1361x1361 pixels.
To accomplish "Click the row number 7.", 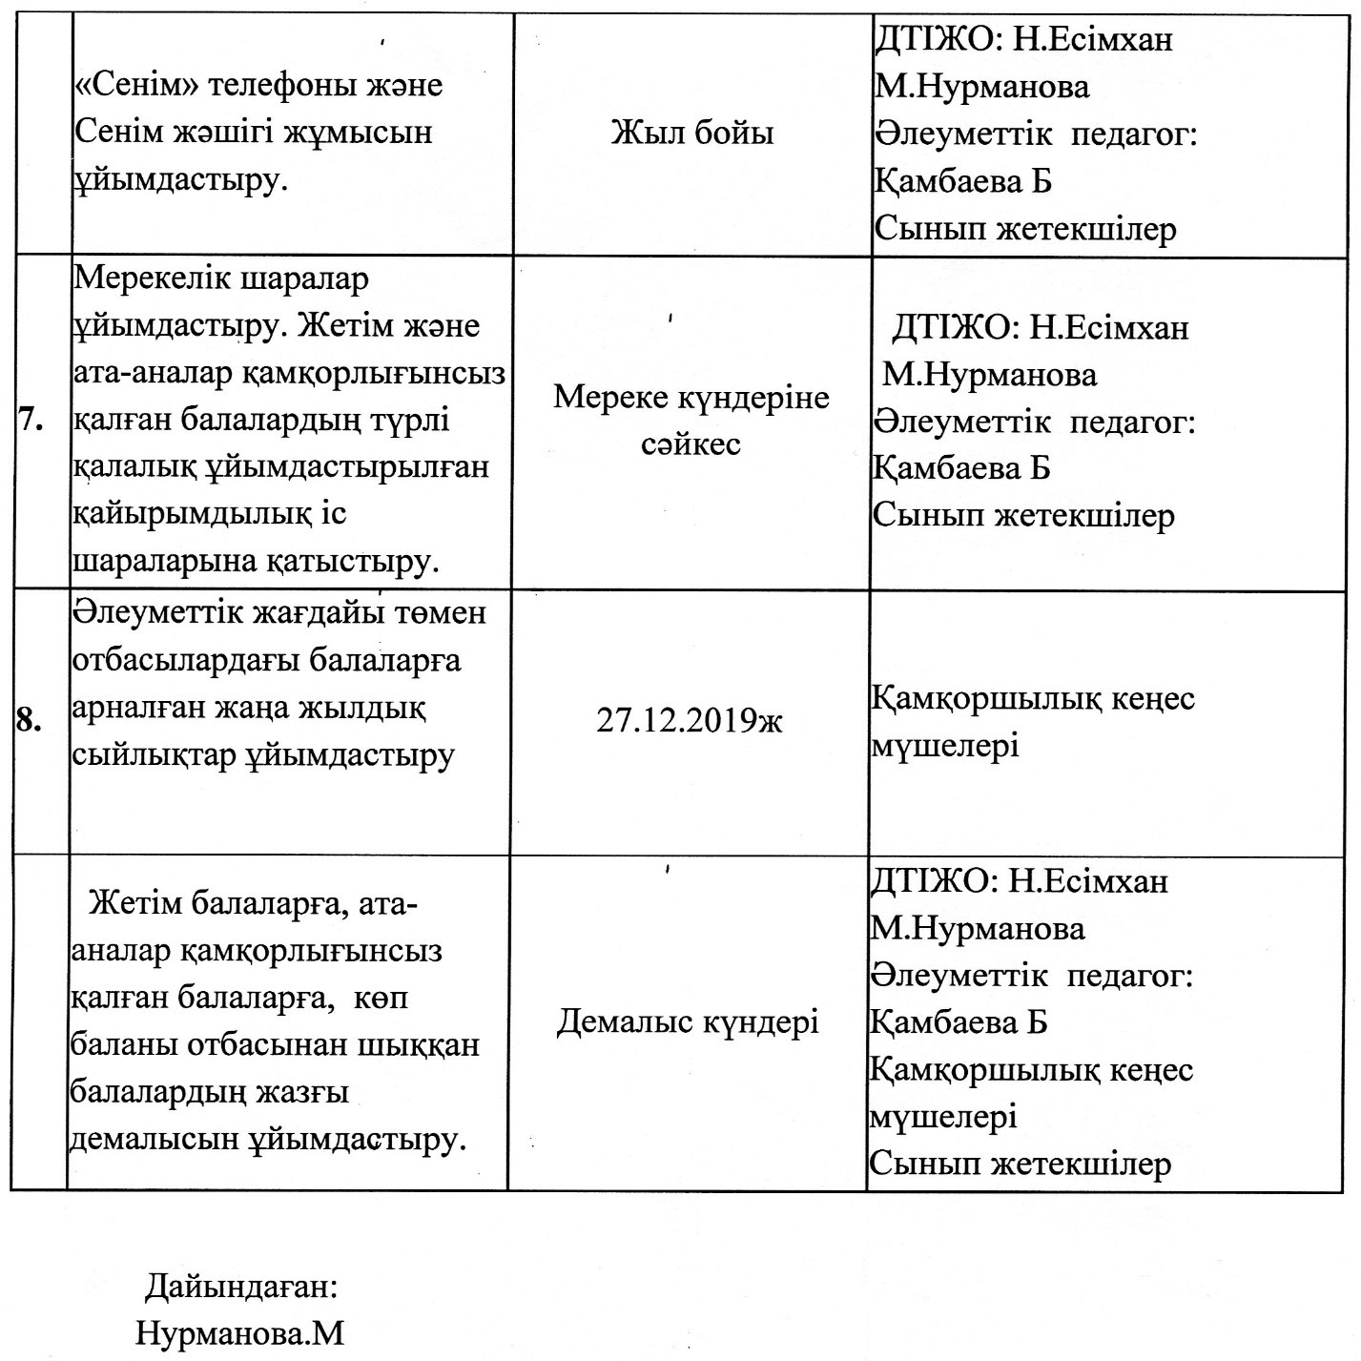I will point(31,422).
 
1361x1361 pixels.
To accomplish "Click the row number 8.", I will point(30,722).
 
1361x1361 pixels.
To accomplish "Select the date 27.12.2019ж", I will point(689,721).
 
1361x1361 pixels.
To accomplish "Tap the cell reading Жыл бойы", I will point(691,133).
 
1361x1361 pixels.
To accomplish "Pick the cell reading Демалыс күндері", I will point(688,1022).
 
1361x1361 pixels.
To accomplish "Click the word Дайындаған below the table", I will point(241,1287).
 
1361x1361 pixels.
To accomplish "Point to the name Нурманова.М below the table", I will point(239,1332).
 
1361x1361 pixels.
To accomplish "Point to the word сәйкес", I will point(691,444).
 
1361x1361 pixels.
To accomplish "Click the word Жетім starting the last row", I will point(134,902).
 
